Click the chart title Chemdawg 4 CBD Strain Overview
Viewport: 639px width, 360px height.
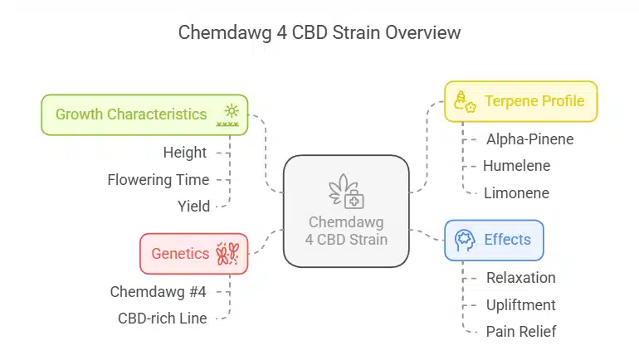319,33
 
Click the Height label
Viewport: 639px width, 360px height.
185,153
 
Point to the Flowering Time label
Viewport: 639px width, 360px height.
159,179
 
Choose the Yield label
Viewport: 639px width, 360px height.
193,206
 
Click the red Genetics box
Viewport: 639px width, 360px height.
193,253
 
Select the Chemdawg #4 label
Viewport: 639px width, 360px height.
159,291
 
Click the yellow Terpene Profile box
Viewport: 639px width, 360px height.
520,101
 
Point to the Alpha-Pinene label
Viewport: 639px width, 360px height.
529,139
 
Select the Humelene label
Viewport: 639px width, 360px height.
516,165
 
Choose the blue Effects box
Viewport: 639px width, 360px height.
494,240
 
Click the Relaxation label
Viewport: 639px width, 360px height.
520,278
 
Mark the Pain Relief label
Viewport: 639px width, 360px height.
520,331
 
